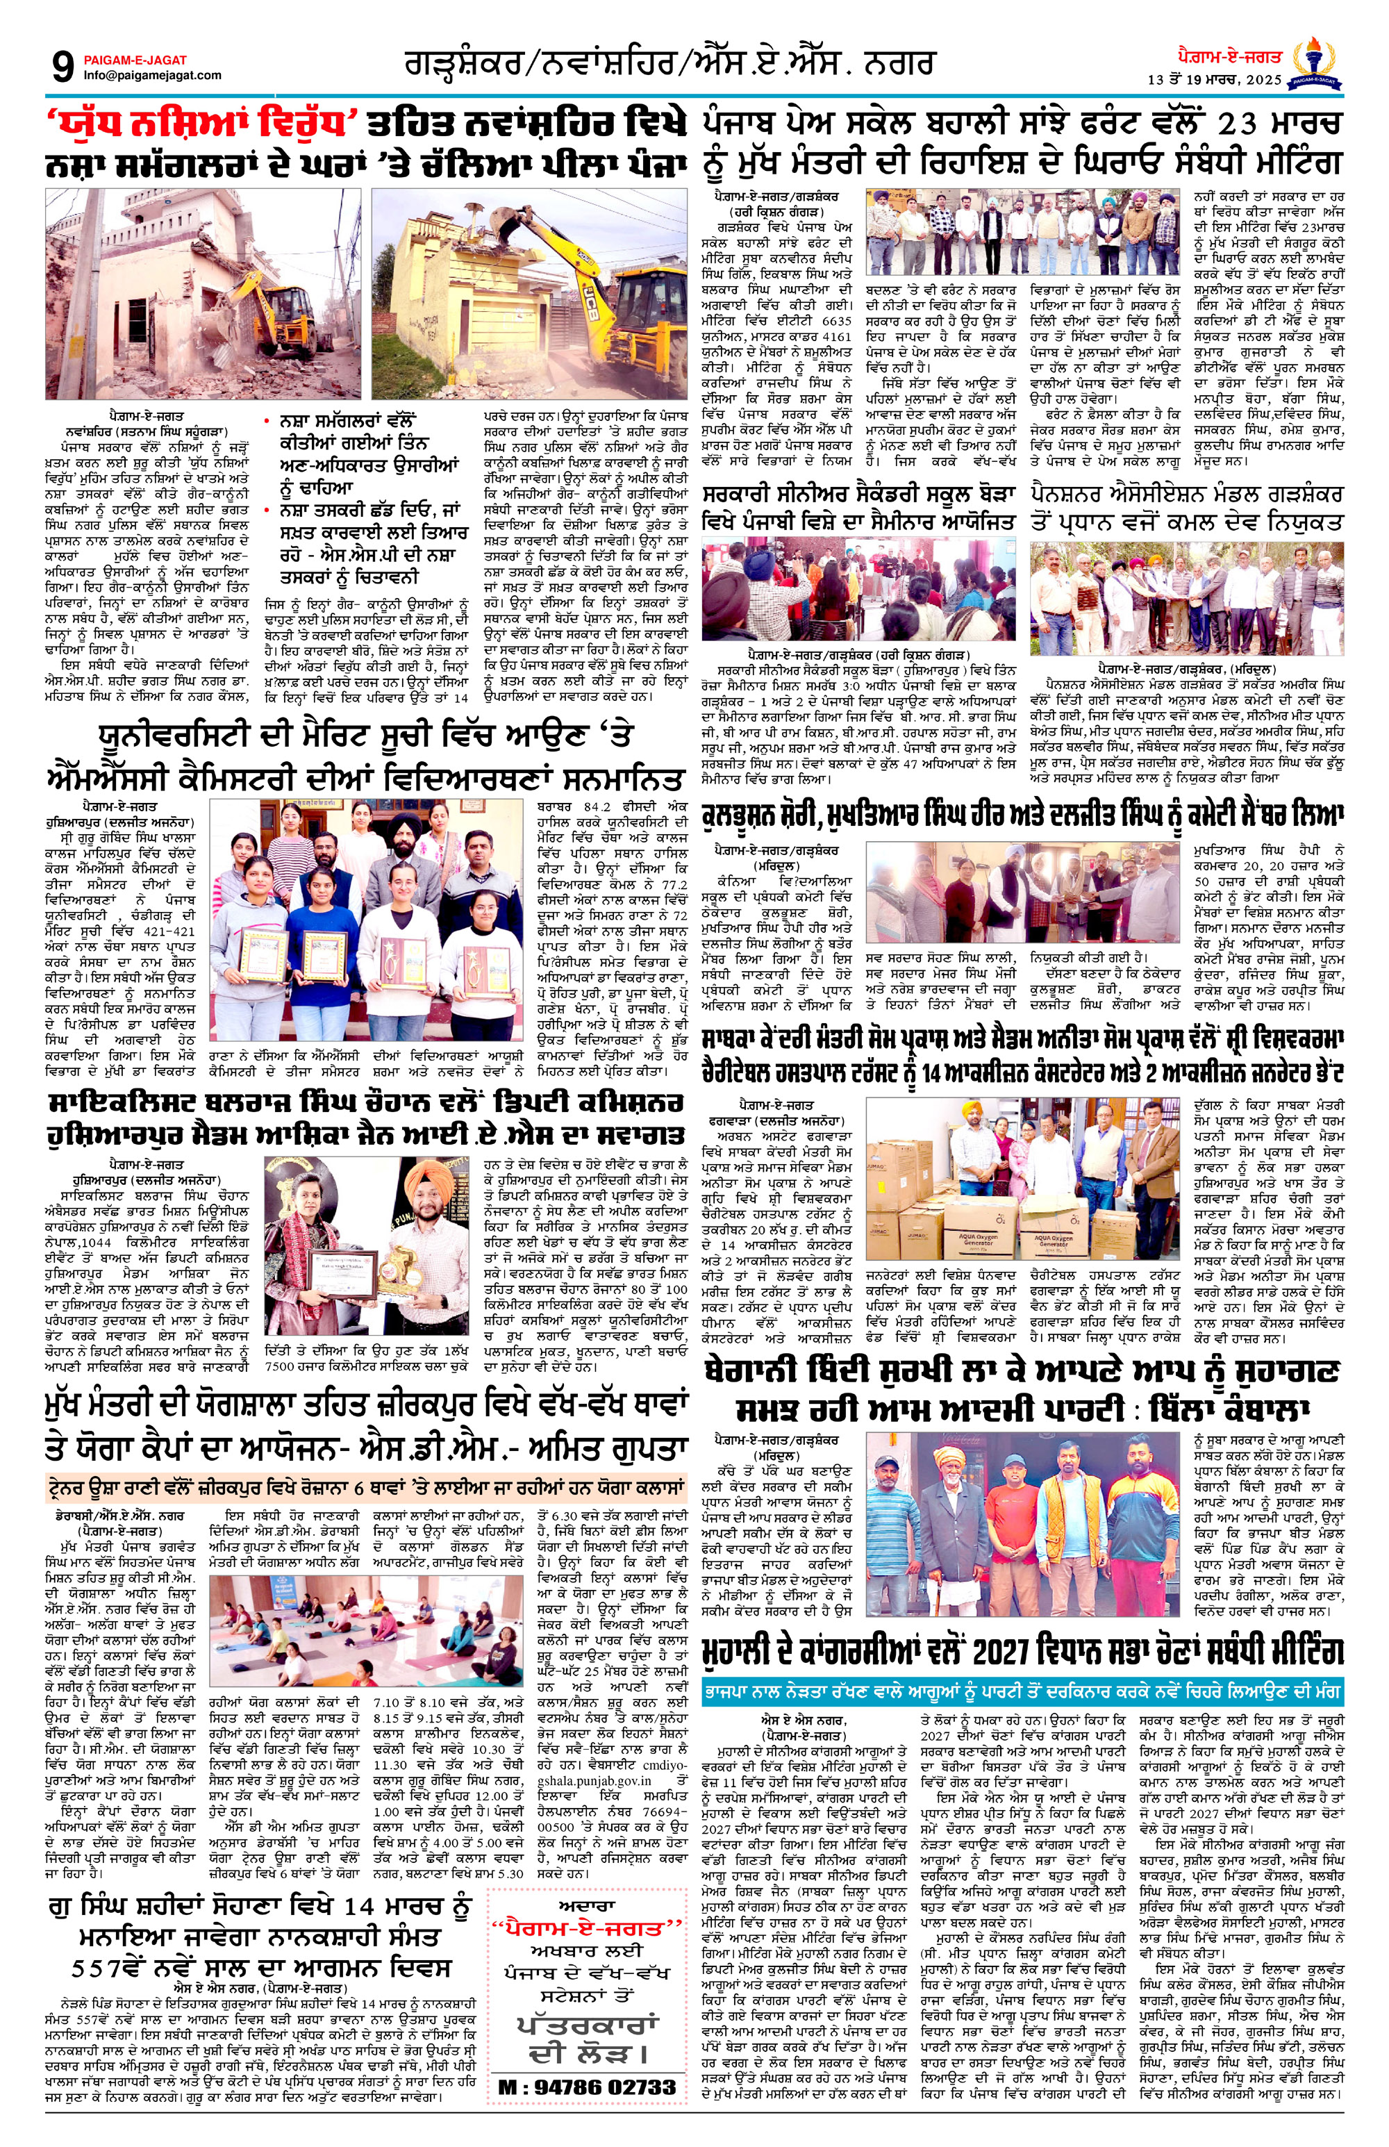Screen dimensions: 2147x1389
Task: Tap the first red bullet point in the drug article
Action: pyautogui.click(x=268, y=422)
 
